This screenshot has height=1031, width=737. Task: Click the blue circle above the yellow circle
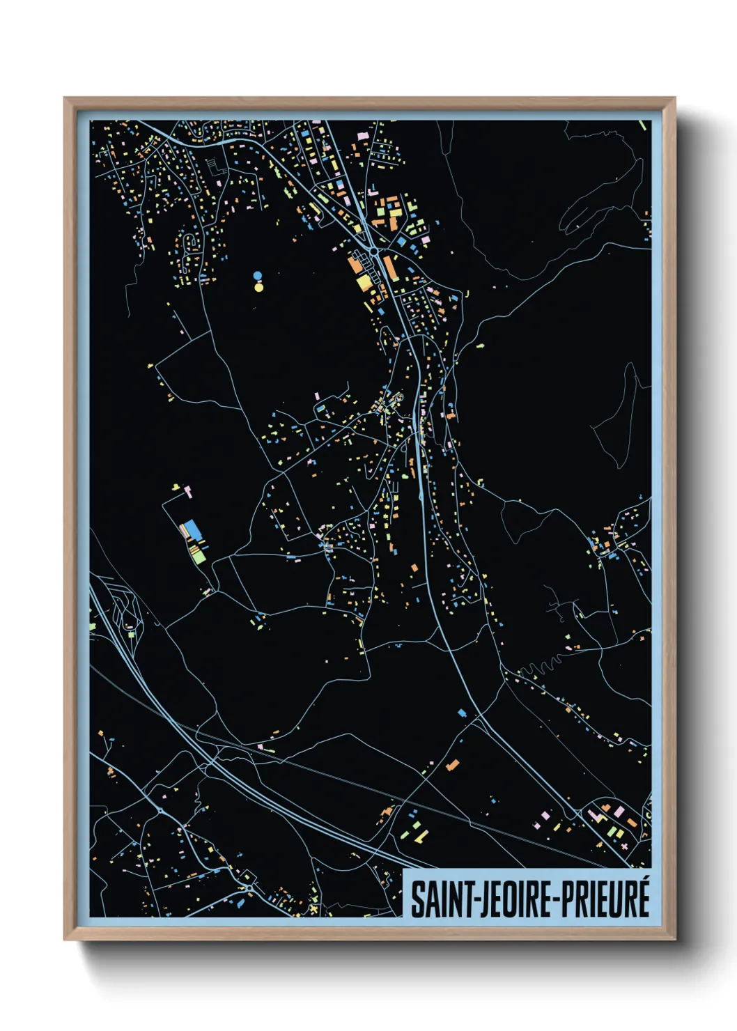258,276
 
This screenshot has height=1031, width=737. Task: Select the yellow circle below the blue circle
258,286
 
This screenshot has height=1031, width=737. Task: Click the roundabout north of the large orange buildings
374,251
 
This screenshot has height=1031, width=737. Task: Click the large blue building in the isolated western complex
192,530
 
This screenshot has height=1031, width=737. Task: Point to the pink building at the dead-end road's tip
187,491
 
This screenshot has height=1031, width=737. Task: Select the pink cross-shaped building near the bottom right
624,846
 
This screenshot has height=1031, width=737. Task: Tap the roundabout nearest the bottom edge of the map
249,888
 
